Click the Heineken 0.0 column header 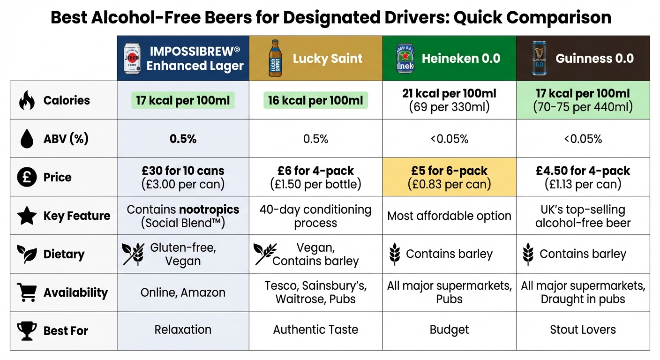point(449,59)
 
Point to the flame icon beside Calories point(26,100)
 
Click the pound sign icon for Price point(26,177)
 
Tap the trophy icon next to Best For point(26,330)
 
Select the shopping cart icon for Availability point(26,292)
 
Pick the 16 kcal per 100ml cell point(315,100)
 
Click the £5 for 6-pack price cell point(449,177)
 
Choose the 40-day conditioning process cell point(315,216)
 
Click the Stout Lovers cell point(583,330)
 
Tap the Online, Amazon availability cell point(183,292)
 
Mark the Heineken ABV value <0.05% point(449,139)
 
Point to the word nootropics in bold point(209,209)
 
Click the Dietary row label point(64,254)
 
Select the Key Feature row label point(77,216)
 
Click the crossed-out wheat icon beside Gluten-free point(133,254)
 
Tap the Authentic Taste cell point(315,330)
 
